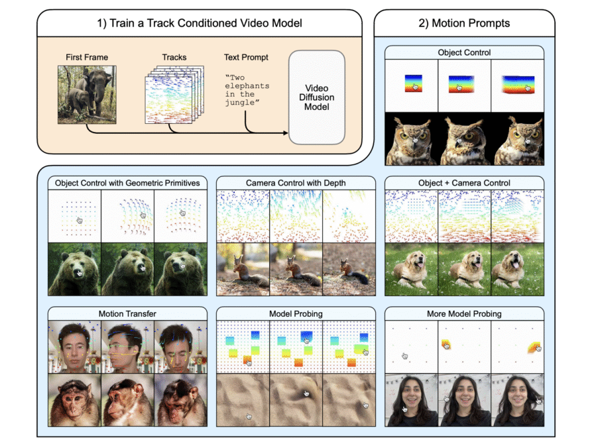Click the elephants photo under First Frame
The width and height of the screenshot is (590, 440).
[87, 95]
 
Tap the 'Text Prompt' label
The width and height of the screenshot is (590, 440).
[246, 58]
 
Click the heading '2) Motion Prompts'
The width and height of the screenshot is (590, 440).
[464, 23]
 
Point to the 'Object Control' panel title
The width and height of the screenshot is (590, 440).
[464, 52]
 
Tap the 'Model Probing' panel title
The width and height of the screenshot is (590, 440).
[296, 314]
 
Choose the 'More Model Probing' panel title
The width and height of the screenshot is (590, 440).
[464, 314]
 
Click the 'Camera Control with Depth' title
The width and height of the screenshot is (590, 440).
[296, 183]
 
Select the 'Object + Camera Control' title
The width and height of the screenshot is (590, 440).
[464, 183]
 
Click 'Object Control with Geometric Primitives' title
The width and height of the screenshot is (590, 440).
[127, 183]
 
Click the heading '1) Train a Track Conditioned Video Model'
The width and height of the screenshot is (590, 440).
[200, 23]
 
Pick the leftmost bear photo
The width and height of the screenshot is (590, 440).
[74, 269]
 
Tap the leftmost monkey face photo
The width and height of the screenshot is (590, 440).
[74, 400]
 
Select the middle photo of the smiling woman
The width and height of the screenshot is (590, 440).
[464, 400]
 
